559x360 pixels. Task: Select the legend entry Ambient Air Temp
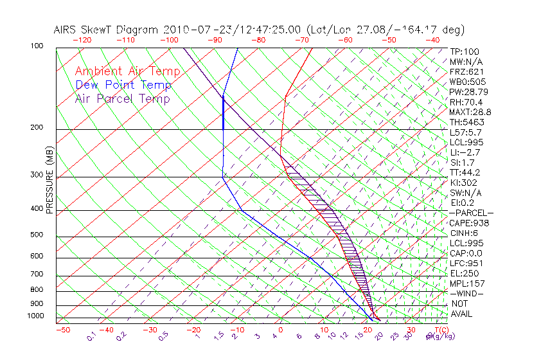tap(127, 71)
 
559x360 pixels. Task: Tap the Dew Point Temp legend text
tap(123, 85)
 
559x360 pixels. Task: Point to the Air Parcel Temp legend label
tap(123, 98)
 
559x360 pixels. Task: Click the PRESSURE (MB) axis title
tap(49, 180)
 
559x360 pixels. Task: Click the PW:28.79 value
tap(466, 92)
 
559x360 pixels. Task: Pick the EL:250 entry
tap(464, 273)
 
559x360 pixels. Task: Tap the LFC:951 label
tap(466, 264)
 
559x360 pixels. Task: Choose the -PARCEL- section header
tap(471, 213)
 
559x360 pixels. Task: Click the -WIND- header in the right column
tap(467, 293)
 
